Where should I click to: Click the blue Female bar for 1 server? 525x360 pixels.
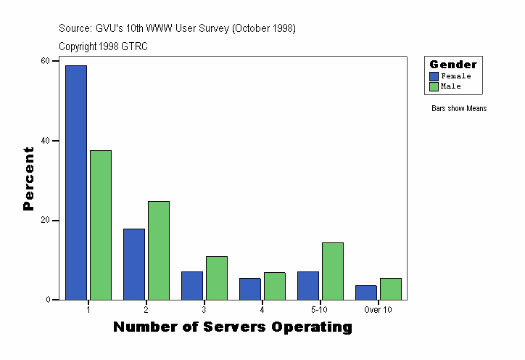(76, 182)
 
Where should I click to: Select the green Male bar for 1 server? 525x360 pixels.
(101, 225)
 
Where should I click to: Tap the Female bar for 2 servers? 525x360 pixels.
(134, 264)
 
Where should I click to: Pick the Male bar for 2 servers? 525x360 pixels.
(159, 250)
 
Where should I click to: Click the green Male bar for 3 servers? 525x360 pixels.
(217, 278)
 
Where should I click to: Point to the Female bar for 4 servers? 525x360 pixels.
(250, 289)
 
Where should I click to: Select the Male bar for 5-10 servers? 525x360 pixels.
(333, 271)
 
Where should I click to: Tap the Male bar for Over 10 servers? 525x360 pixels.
(391, 289)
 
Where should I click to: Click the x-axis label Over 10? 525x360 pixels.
(378, 309)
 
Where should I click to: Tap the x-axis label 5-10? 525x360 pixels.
(320, 309)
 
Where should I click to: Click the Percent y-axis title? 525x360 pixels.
(28, 179)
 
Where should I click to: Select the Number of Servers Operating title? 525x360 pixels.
(233, 327)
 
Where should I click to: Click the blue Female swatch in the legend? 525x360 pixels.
(434, 76)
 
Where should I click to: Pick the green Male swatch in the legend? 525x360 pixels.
(434, 86)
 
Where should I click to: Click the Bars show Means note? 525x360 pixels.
(459, 109)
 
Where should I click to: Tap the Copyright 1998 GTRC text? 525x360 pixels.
(103, 46)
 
